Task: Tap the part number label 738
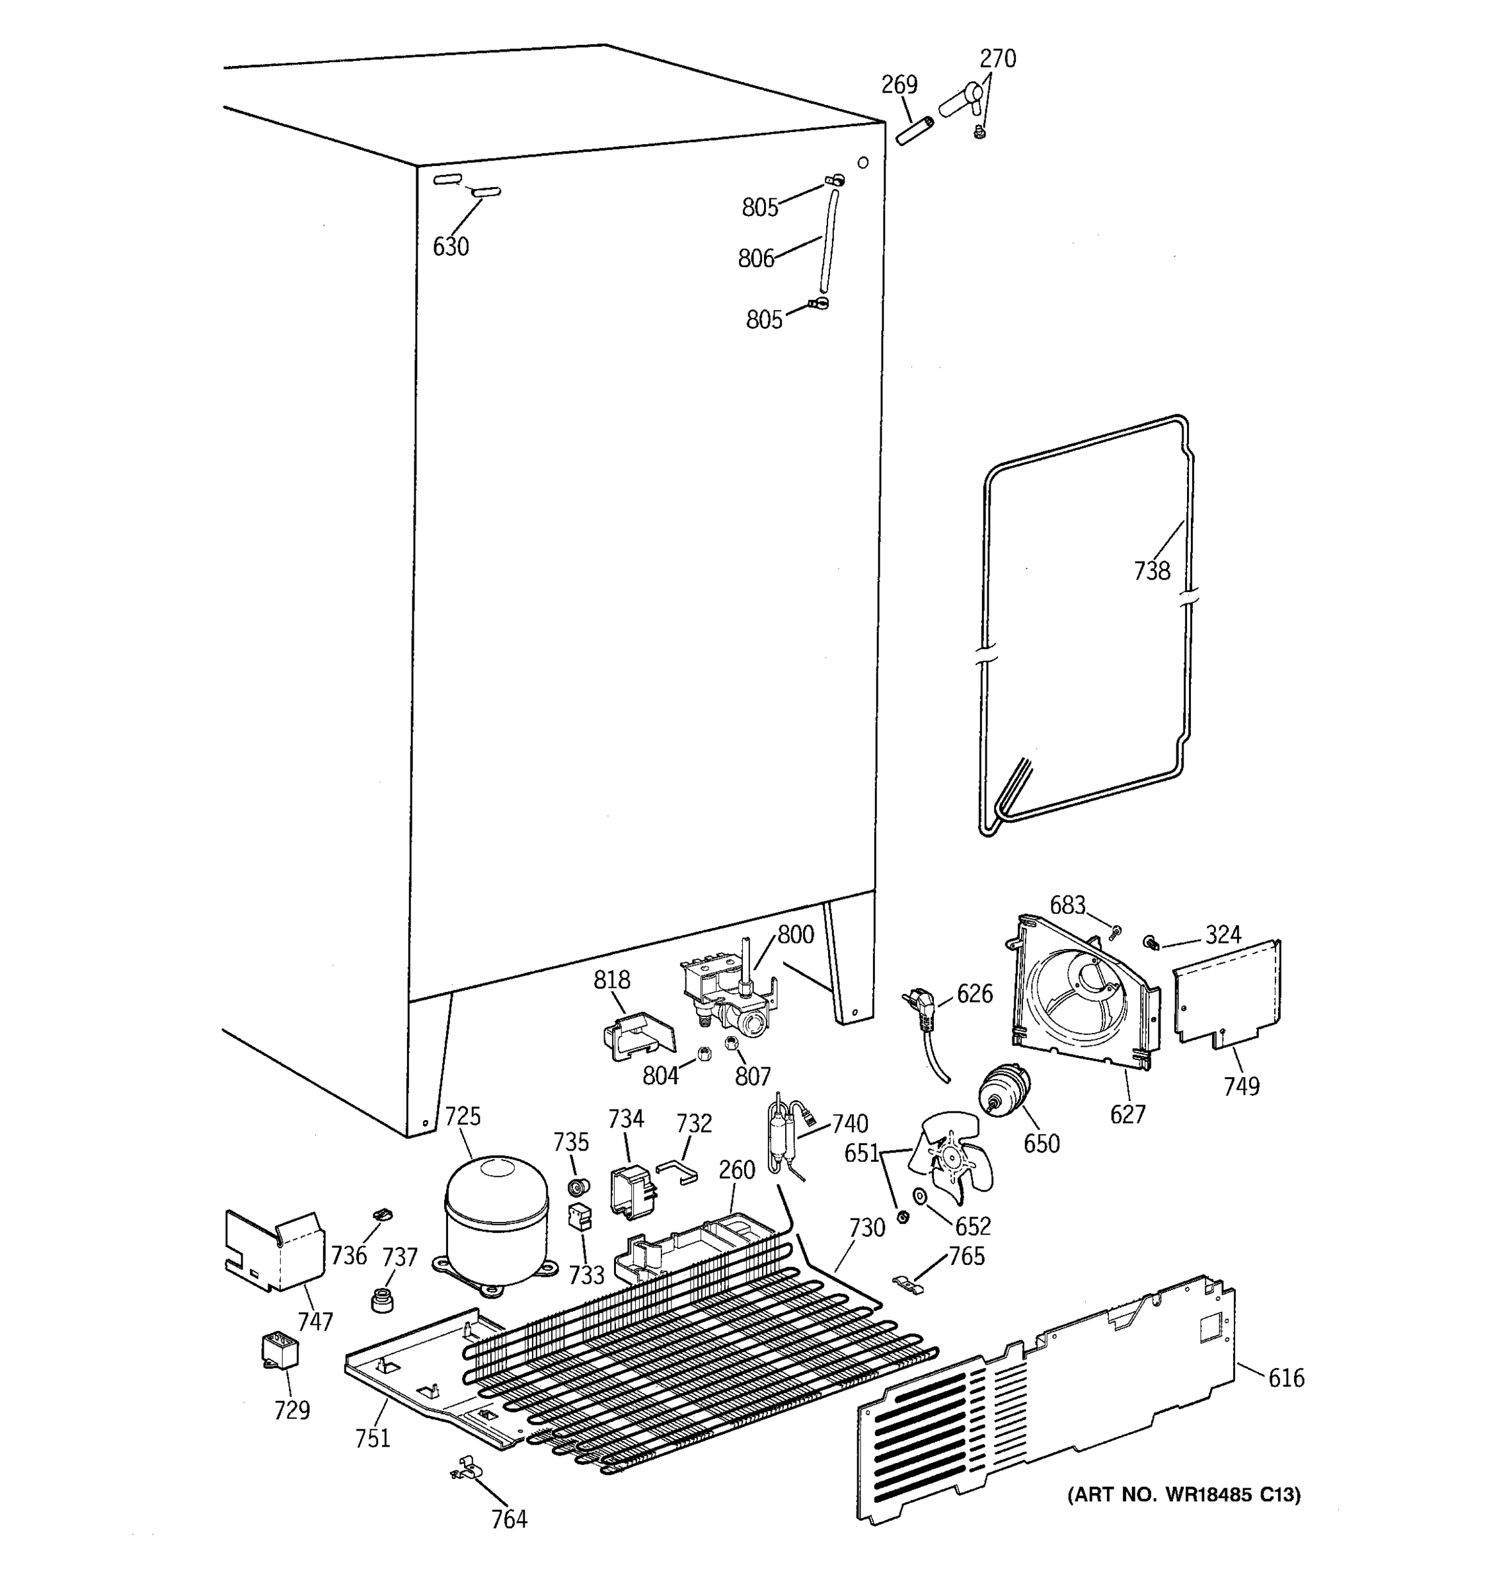pos(1152,571)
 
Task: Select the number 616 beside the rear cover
pos(1286,1378)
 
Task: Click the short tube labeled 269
pos(913,131)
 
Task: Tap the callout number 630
pos(451,247)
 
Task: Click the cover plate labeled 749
pos(1226,992)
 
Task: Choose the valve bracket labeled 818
pos(636,1034)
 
